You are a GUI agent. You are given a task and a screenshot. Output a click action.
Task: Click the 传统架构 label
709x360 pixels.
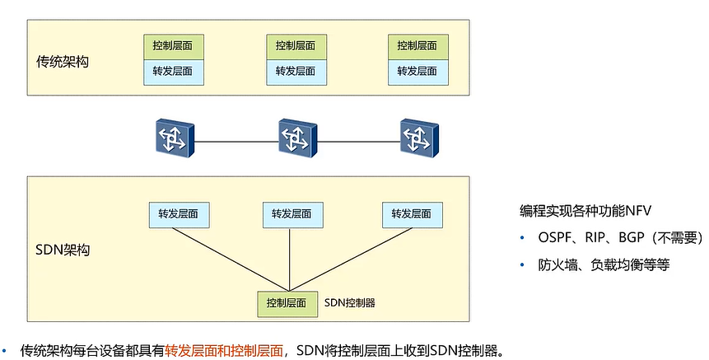pyautogui.click(x=63, y=62)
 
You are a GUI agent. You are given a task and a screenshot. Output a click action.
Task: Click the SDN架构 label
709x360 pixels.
pyautogui.click(x=63, y=249)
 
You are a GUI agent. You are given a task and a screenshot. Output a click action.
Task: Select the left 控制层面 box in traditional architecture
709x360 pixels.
pyautogui.click(x=173, y=46)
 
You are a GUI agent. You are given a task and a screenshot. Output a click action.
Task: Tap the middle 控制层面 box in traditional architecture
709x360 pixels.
pyautogui.click(x=296, y=46)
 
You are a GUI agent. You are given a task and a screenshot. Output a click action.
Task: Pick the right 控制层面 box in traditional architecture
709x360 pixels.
pyautogui.click(x=417, y=46)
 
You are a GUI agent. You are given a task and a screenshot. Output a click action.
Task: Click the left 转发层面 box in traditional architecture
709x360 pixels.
pyautogui.click(x=173, y=71)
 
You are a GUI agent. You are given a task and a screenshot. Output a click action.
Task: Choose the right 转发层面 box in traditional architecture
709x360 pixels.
pyautogui.click(x=417, y=71)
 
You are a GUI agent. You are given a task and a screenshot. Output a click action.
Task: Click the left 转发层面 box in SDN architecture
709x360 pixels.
pyautogui.click(x=179, y=214)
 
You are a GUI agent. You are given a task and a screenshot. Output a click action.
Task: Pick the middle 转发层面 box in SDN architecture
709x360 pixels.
pyautogui.click(x=292, y=214)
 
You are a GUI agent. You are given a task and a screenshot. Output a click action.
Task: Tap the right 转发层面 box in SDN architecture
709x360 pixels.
pyautogui.click(x=412, y=214)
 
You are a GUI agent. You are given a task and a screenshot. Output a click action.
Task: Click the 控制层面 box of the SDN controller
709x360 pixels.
pyautogui.click(x=287, y=303)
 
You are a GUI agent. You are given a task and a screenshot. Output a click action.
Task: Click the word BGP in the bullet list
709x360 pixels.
pyautogui.click(x=632, y=238)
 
